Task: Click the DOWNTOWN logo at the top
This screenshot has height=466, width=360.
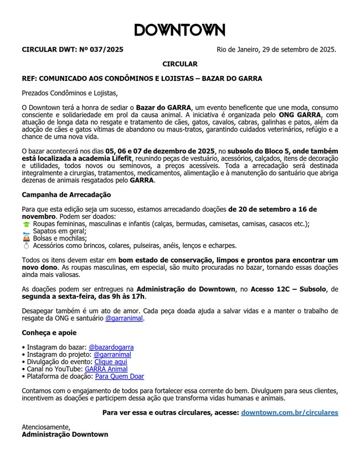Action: pyautogui.click(x=179, y=30)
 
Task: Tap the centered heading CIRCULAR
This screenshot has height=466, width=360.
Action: pyautogui.click(x=179, y=64)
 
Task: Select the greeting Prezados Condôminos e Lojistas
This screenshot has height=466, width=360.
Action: pyautogui.click(x=70, y=93)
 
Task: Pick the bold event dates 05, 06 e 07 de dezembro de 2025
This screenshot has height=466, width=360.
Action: pyautogui.click(x=160, y=150)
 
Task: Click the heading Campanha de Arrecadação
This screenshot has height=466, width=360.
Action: pyautogui.click(x=66, y=194)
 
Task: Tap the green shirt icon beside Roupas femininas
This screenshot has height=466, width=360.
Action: pyautogui.click(x=26, y=224)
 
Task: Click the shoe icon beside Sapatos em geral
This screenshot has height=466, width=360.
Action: pyautogui.click(x=26, y=231)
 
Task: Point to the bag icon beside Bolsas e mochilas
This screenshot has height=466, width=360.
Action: pyautogui.click(x=26, y=238)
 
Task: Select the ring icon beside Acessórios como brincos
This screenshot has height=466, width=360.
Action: pyautogui.click(x=26, y=245)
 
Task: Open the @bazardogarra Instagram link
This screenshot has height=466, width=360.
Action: pyautogui.click(x=111, y=347)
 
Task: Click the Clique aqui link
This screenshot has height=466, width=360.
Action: pyautogui.click(x=110, y=362)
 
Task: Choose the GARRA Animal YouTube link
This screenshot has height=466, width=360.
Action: pyautogui.click(x=106, y=369)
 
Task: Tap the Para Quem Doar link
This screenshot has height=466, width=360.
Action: pyautogui.click(x=119, y=376)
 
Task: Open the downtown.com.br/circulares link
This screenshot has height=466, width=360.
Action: pyautogui.click(x=289, y=413)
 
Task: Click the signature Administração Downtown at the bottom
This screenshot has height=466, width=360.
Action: pyautogui.click(x=65, y=434)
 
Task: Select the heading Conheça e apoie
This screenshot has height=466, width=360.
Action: pyautogui.click(x=49, y=333)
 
